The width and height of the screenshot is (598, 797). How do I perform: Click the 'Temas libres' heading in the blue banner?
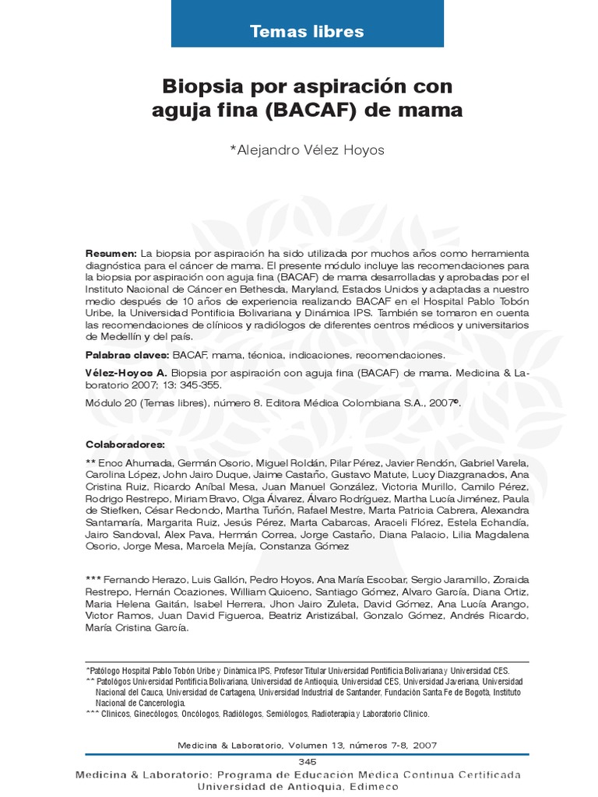[x=307, y=32]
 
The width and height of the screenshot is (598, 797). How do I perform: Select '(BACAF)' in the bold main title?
[x=311, y=111]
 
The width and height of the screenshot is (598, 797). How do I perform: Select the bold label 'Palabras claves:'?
[x=127, y=355]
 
